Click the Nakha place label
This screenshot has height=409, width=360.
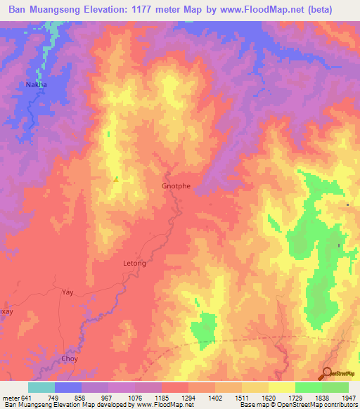tap(36, 84)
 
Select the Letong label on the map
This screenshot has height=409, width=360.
tap(134, 264)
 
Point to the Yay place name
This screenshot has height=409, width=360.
tap(67, 292)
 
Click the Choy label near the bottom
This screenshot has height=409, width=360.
tap(70, 358)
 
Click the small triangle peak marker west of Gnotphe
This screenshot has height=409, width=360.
tap(115, 179)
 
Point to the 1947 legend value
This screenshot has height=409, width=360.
tap(340, 398)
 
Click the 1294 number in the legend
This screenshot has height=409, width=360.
tap(188, 398)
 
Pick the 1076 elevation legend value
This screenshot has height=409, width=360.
tap(136, 398)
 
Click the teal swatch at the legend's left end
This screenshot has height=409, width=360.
tap(41, 387)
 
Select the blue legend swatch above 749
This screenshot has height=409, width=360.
tap(68, 387)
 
